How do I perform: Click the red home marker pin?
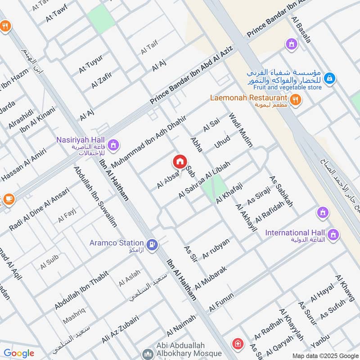click(179, 162)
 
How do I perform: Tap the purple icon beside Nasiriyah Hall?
click(113, 144)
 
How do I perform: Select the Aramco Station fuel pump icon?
click(153, 244)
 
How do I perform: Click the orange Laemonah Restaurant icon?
click(295, 100)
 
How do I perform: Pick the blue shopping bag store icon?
click(330, 78)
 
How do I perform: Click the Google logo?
click(18, 353)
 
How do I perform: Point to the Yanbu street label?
click(320, 341)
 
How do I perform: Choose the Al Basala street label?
click(301, 30)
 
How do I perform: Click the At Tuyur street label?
click(90, 64)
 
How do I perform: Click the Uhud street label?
click(222, 142)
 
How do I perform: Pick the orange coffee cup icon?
click(8, 198)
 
